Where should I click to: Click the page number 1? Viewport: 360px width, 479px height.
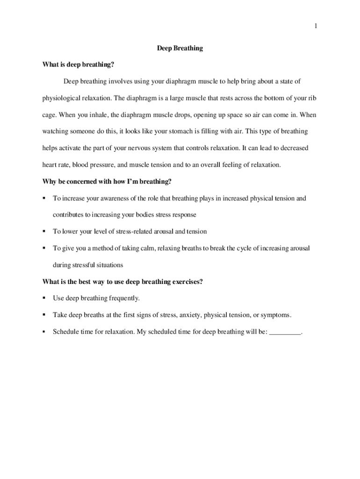316,26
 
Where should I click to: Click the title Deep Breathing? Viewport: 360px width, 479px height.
180,48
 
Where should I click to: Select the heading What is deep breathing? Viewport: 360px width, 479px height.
79,65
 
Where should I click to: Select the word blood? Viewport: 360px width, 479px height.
80,165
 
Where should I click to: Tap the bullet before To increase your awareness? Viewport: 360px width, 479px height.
44,198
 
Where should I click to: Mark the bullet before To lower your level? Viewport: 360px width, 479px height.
44,232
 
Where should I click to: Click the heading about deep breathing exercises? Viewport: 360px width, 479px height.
122,282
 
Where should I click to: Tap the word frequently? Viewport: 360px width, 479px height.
124,298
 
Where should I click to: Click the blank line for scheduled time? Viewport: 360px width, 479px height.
286,332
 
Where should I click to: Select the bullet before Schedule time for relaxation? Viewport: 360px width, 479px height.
44,332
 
